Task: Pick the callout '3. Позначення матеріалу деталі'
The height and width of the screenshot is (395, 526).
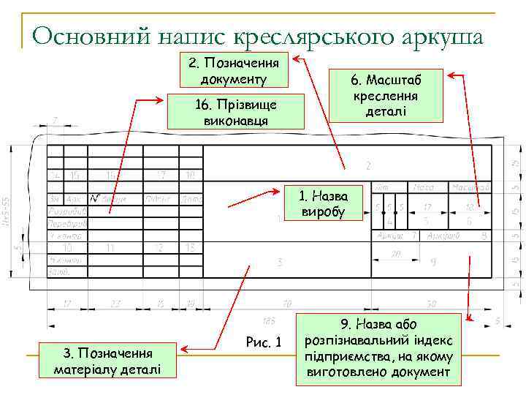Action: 107,361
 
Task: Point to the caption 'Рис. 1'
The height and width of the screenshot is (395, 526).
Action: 264,342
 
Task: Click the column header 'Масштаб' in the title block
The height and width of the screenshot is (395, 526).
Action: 470,188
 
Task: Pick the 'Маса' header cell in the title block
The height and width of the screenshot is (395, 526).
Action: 423,188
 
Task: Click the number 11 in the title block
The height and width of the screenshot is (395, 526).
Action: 110,247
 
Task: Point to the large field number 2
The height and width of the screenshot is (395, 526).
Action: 368,166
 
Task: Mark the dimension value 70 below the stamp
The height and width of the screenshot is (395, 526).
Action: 286,303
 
